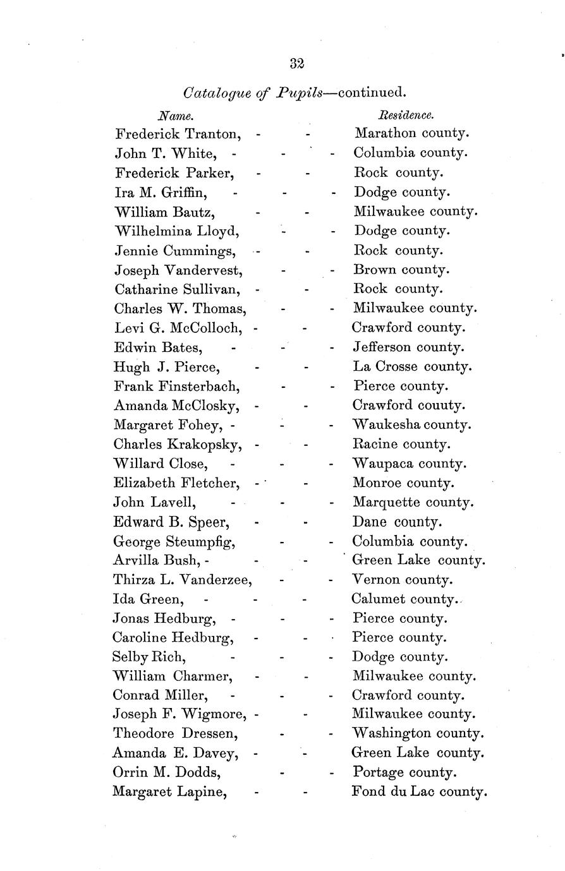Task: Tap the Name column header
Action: tap(175, 116)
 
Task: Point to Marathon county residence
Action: tap(411, 133)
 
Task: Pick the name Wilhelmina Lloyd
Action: tap(176, 231)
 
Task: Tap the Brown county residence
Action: tap(401, 270)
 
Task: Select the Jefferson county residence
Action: tap(408, 347)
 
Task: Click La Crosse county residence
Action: tap(412, 366)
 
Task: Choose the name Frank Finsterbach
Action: tap(176, 386)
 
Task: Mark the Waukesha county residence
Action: tap(411, 424)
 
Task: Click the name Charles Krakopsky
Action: tap(178, 444)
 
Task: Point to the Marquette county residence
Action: tap(413, 503)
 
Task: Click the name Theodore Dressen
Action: tap(175, 734)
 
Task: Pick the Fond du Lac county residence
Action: tap(419, 791)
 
